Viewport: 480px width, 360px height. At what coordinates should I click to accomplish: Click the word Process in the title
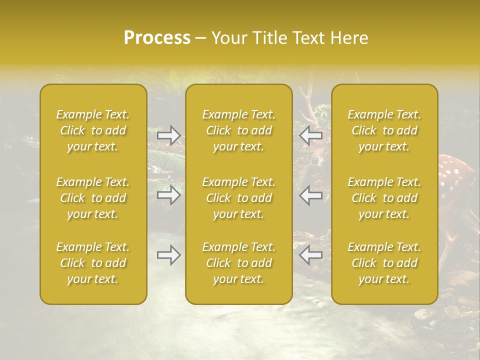tap(157, 38)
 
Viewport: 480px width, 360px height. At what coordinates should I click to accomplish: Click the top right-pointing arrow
tap(168, 135)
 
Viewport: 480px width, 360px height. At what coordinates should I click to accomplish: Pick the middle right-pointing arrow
tap(168, 195)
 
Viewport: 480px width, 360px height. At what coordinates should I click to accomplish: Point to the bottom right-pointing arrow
tap(168, 255)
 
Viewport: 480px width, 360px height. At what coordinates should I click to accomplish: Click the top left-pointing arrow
tap(311, 135)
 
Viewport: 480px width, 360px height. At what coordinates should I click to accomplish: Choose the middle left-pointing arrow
tap(311, 195)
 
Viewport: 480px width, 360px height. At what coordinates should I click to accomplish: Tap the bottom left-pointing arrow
tap(311, 255)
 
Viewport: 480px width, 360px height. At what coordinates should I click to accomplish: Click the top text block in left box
tap(93, 130)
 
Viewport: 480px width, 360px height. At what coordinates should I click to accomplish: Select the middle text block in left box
tap(93, 198)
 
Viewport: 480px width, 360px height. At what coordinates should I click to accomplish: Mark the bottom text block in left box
tap(93, 263)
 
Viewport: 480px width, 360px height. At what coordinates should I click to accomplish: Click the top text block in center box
tap(238, 130)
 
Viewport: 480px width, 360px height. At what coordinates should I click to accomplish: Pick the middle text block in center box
tap(238, 198)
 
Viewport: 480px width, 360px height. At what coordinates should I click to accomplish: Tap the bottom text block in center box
tap(238, 263)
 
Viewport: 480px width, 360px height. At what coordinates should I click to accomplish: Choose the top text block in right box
tap(384, 130)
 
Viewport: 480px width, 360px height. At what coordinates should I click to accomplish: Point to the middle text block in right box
tap(384, 198)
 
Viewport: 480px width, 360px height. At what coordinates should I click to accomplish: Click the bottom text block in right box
tap(384, 263)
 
